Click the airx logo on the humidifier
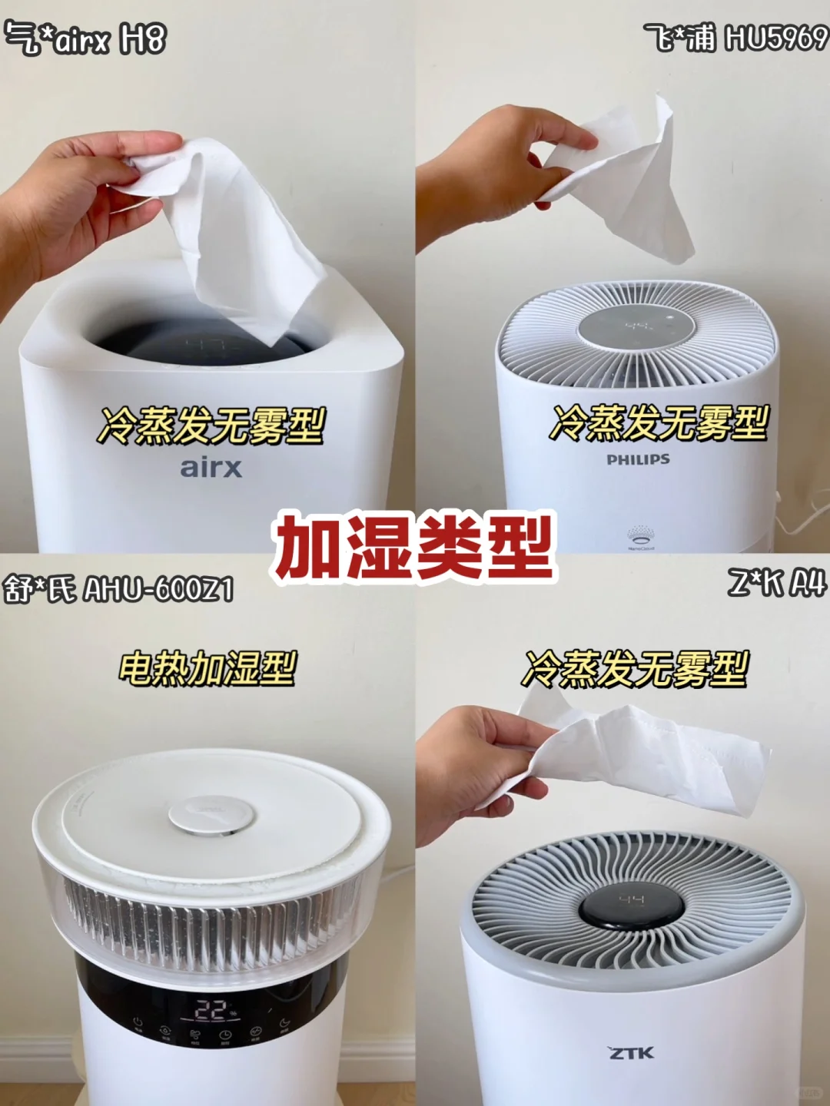point(211,468)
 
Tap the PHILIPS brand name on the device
point(639,459)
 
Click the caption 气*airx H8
point(85,38)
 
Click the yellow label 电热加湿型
point(207,668)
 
